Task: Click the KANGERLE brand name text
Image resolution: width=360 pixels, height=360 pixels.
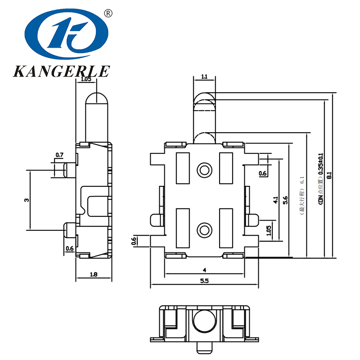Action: (62, 72)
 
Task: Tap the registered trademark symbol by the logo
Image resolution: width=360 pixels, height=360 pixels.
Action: (108, 13)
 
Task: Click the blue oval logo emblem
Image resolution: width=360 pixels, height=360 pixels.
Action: (67, 36)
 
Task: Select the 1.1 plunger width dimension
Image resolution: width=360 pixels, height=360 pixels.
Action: (204, 77)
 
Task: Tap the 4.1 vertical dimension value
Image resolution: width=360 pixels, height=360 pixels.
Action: (275, 200)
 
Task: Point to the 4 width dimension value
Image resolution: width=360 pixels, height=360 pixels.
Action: (204, 270)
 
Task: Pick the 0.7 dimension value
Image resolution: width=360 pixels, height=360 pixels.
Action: (59, 155)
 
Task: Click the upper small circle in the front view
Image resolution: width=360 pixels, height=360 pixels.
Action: (205, 170)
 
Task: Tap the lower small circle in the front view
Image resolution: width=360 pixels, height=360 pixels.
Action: (205, 230)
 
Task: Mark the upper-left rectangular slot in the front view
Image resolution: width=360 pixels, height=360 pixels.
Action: (183, 168)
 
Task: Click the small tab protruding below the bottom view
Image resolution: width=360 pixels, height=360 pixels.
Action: (205, 347)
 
